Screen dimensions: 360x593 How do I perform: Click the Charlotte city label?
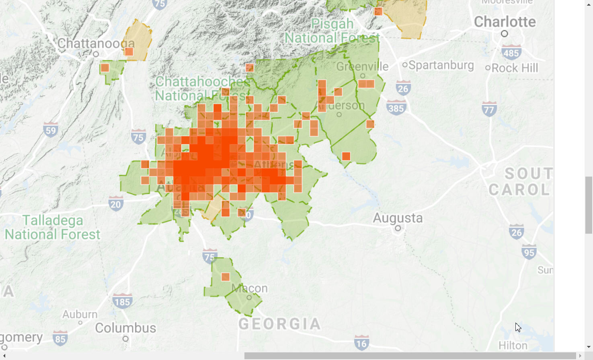tap(505, 22)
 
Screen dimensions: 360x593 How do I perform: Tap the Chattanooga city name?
tap(96, 43)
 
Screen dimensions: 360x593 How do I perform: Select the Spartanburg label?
tap(441, 65)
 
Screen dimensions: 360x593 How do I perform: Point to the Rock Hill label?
tap(515, 68)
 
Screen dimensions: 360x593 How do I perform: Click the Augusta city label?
tap(398, 218)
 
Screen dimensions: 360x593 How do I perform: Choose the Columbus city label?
tap(125, 328)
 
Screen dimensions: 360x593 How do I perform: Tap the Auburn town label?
tap(80, 314)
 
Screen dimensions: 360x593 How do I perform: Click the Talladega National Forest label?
tap(52, 227)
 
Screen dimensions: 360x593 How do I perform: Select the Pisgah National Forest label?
tap(332, 31)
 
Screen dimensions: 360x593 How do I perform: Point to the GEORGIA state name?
tap(280, 324)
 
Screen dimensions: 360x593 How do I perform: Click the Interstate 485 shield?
tap(511, 53)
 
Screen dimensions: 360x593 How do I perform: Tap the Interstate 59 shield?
tap(51, 130)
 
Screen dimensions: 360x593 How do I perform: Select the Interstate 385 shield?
tap(396, 108)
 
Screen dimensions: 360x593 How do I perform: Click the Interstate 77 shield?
tap(489, 109)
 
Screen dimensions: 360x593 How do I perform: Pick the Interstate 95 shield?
tap(529, 252)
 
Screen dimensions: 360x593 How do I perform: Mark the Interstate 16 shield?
tap(361, 343)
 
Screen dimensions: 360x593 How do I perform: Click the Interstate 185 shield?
tap(122, 302)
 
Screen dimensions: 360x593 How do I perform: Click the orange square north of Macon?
tap(226, 277)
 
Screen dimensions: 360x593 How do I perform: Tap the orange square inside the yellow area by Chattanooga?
tap(129, 51)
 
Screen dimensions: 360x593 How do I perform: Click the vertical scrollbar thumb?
tap(589, 205)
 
